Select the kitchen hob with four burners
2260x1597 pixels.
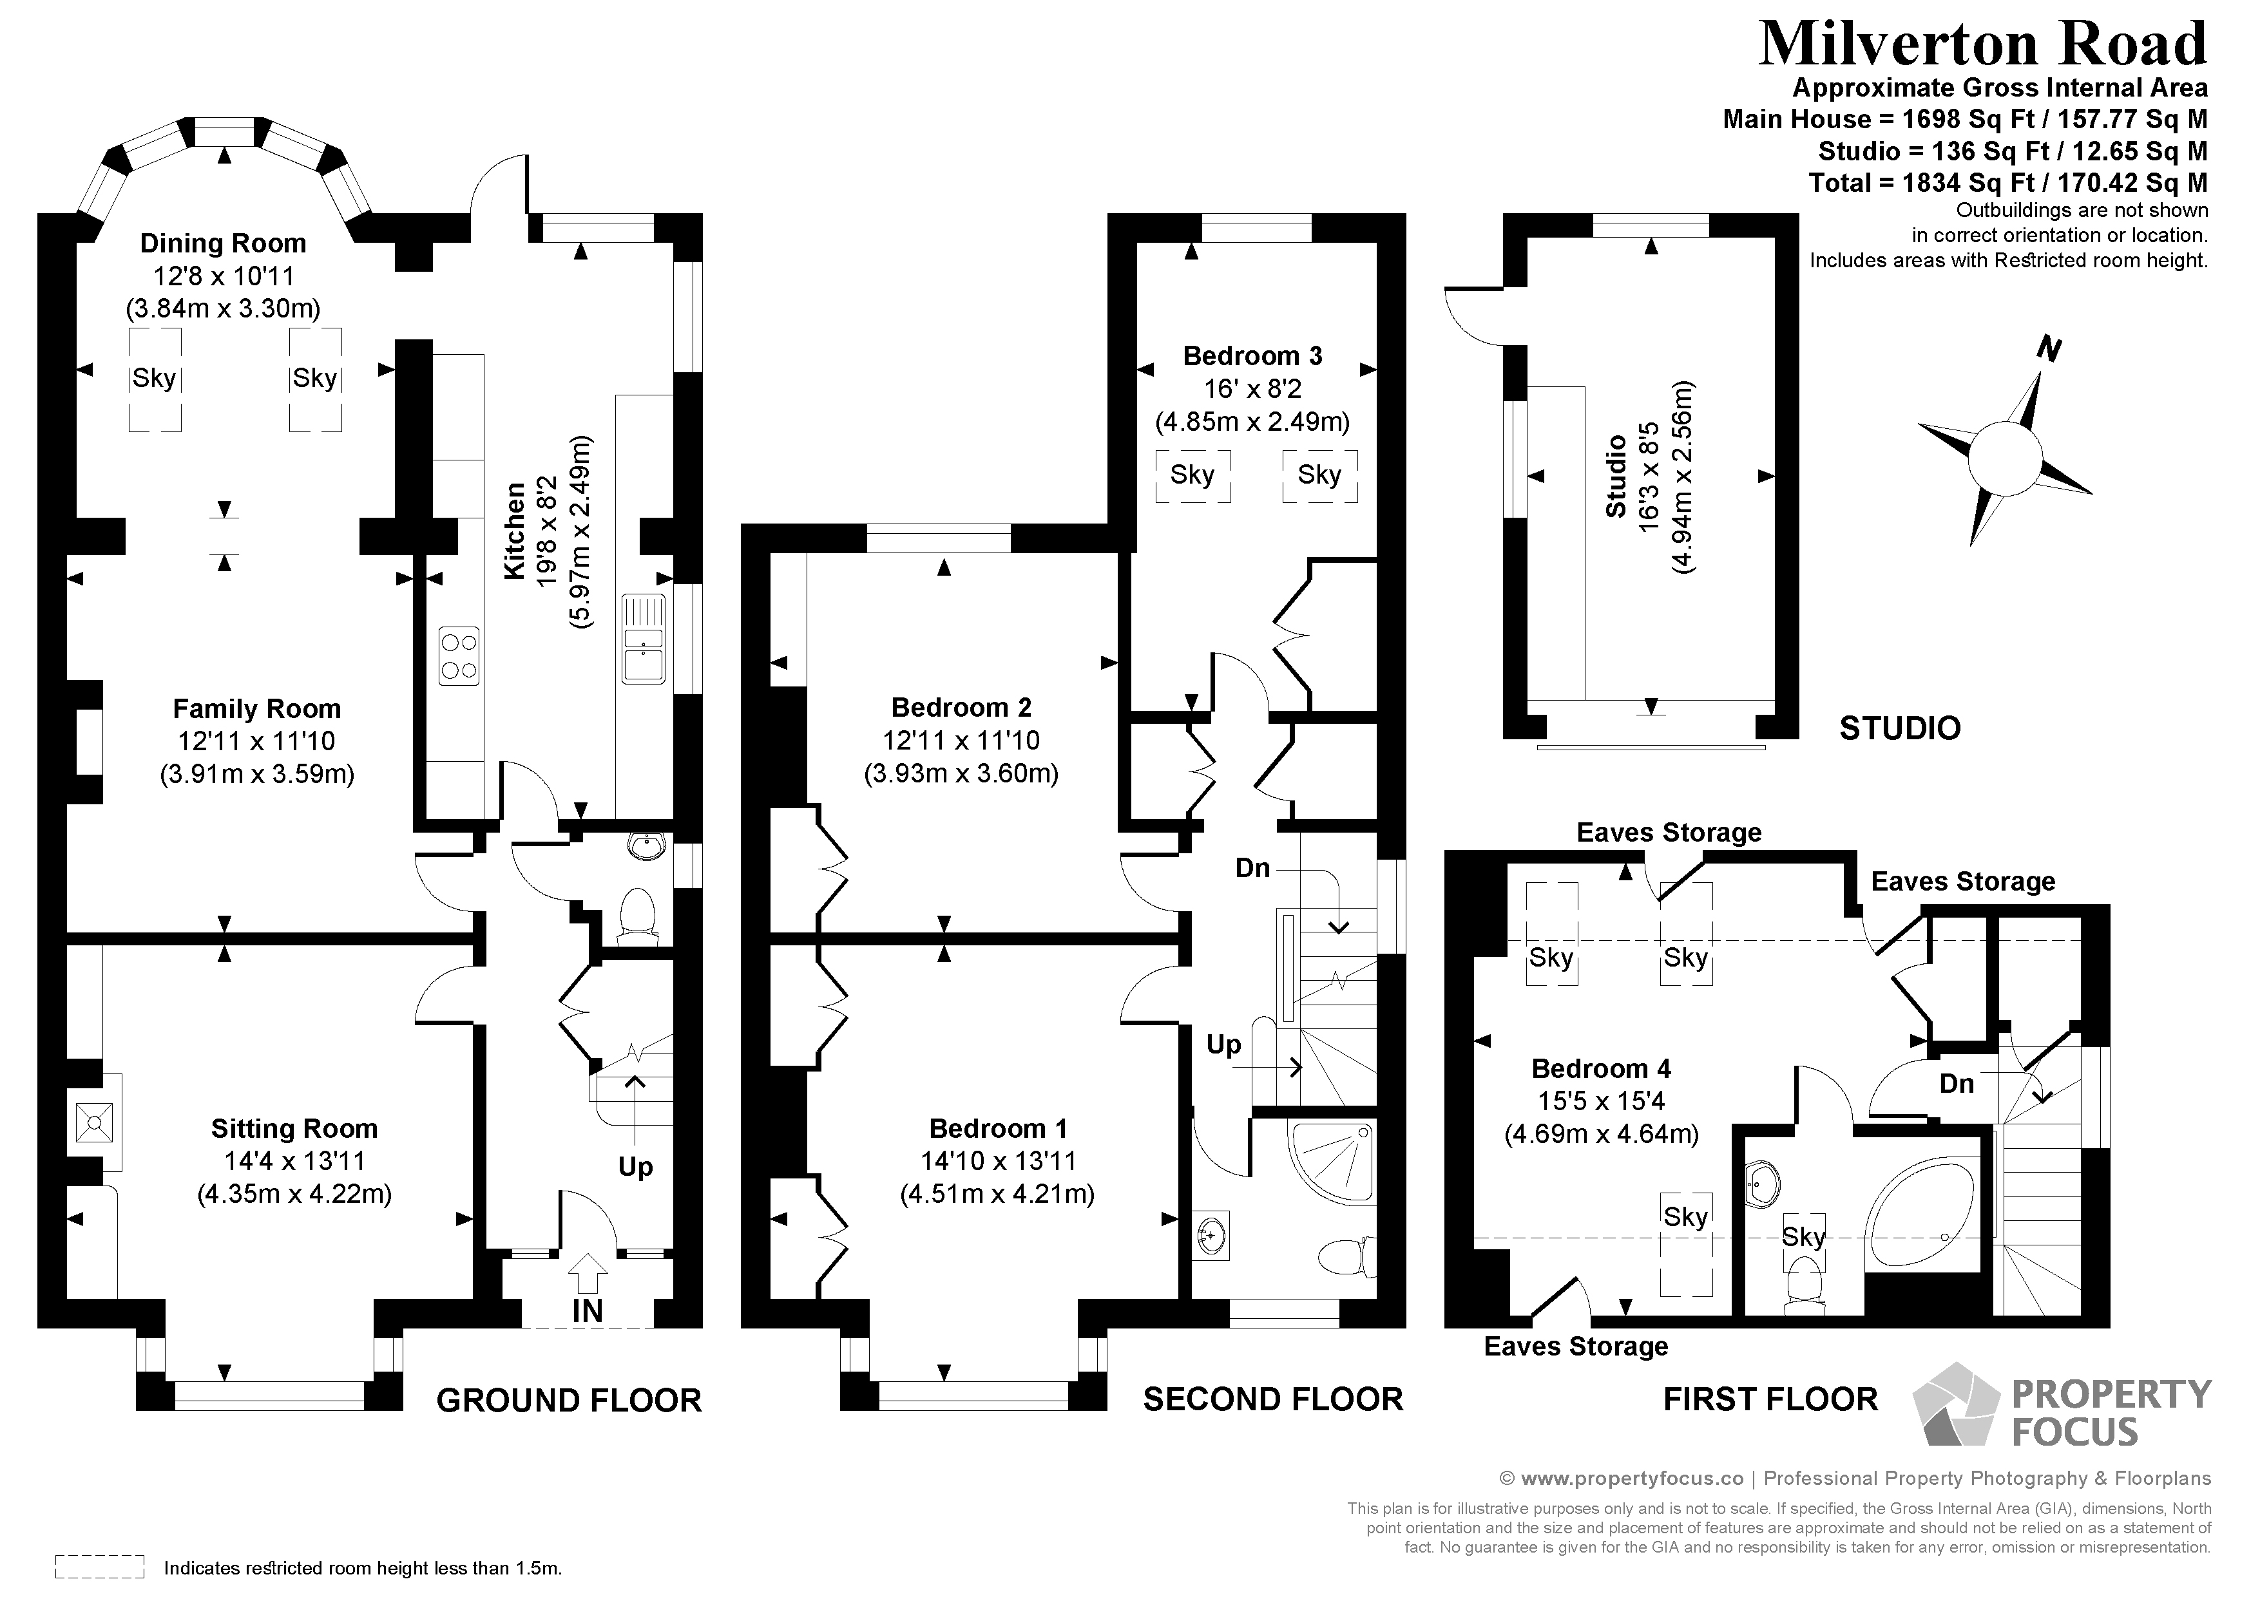click(x=459, y=656)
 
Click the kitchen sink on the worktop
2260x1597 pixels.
click(x=644, y=639)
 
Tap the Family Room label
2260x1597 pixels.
click(x=257, y=708)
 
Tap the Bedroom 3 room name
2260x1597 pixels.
click(x=1252, y=355)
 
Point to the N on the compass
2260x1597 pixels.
click(x=2049, y=349)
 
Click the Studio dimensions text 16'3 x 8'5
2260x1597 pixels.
click(x=1649, y=477)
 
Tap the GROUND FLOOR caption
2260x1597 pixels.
click(x=569, y=1400)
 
